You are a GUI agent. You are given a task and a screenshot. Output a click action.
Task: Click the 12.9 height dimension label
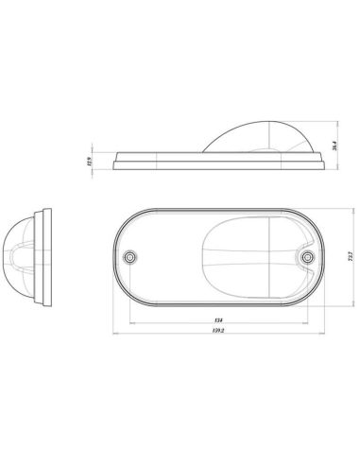point(91,162)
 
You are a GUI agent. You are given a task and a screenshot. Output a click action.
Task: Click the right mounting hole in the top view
point(305,256)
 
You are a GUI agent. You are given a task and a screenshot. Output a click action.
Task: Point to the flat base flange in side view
point(170,163)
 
